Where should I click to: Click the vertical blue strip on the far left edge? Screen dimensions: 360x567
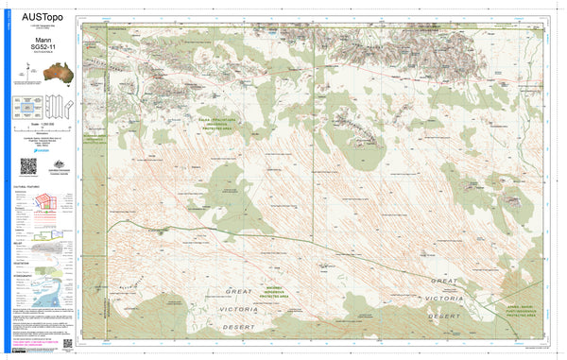4,180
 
